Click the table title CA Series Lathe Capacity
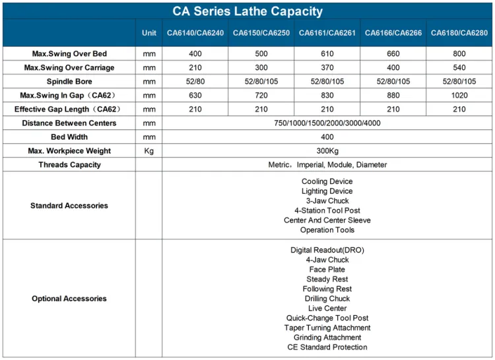coord(247,11)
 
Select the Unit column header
coord(149,33)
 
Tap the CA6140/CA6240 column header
coord(195,33)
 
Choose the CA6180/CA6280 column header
coord(459,33)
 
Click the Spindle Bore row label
coord(69,81)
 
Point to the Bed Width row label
coord(69,136)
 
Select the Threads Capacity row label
coord(69,165)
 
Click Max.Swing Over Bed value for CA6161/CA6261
coord(327,53)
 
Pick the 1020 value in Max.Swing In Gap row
coord(459,95)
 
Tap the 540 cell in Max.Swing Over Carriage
coord(459,67)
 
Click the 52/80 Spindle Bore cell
coord(195,81)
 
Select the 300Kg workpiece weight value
coord(327,151)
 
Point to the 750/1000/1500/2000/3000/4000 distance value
coord(327,123)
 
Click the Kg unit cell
coord(149,151)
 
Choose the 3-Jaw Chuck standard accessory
coord(327,201)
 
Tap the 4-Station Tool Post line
coord(327,210)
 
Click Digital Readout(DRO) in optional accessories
coord(327,250)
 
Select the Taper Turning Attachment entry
coord(327,328)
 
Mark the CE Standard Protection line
coord(327,347)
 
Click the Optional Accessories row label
coord(69,299)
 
